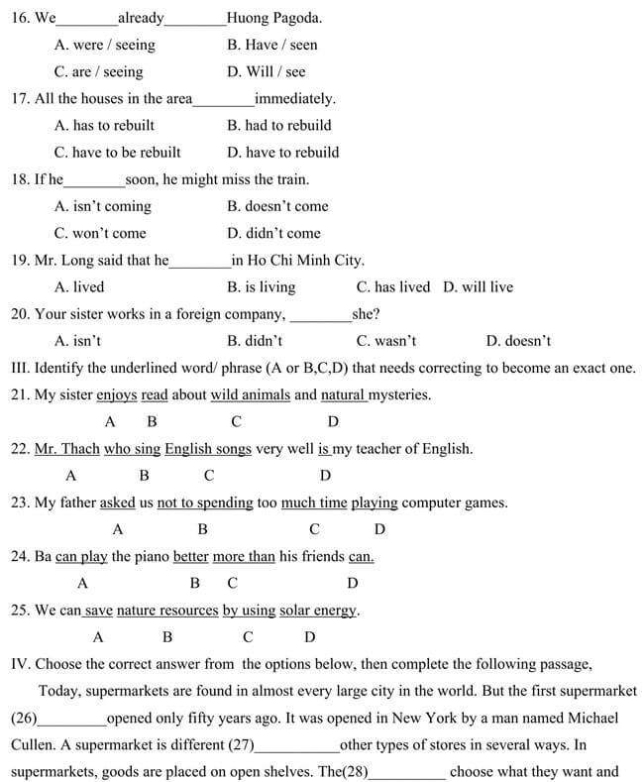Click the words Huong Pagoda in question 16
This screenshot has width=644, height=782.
click(x=273, y=18)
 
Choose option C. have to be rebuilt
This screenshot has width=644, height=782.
click(x=118, y=153)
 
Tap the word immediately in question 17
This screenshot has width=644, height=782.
click(x=294, y=99)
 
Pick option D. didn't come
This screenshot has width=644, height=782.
click(x=273, y=234)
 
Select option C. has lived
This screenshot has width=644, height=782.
click(x=393, y=287)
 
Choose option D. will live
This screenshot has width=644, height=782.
click(x=479, y=287)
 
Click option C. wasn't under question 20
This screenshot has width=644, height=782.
click(x=386, y=341)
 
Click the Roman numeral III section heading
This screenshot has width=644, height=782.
click(x=20, y=369)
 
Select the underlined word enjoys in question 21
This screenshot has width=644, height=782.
click(x=117, y=395)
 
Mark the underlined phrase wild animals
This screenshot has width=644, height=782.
click(x=251, y=395)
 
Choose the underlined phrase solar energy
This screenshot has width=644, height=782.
click(x=318, y=611)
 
